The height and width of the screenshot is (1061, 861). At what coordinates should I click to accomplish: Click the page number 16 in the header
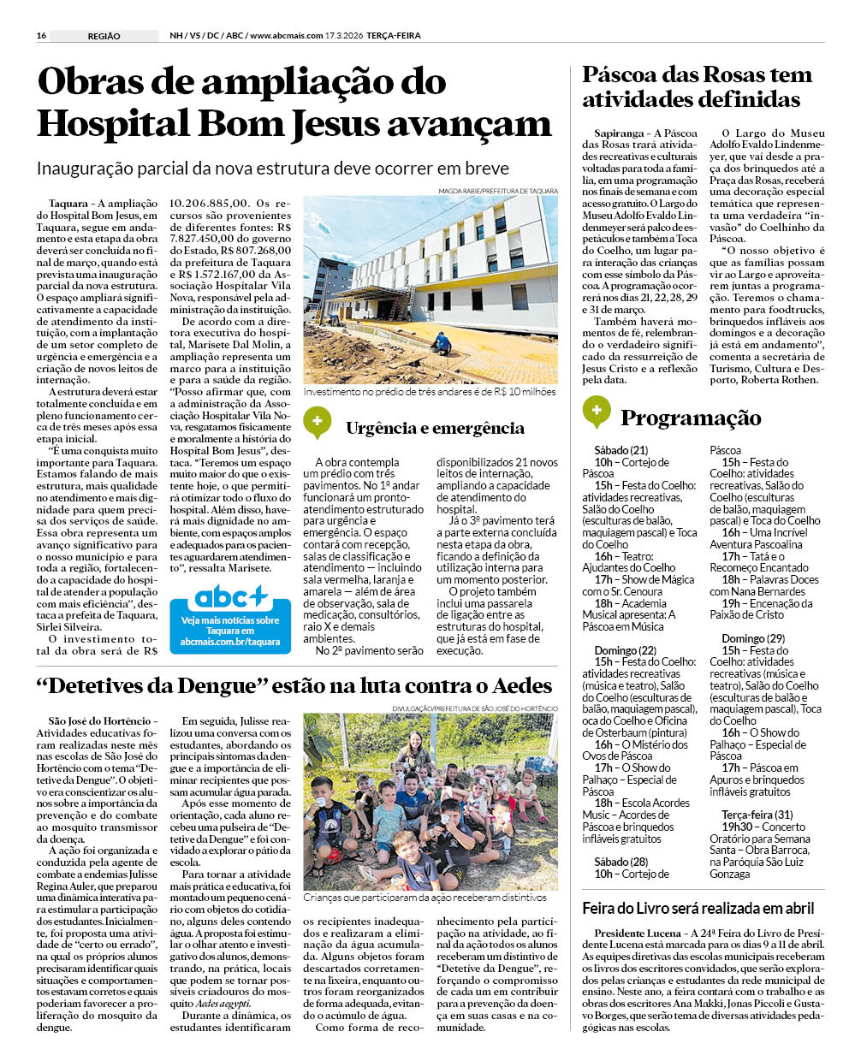41,36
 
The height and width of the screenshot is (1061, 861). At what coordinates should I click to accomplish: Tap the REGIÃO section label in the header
104,36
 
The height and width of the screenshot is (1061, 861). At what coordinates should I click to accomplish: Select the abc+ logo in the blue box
230,596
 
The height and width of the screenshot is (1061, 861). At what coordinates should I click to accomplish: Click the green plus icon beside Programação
596,412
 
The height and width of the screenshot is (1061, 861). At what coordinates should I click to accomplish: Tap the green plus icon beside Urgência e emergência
317,421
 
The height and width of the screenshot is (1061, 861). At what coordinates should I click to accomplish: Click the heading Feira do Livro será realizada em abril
698,908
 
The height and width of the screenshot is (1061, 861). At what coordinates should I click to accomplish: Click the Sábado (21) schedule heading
621,450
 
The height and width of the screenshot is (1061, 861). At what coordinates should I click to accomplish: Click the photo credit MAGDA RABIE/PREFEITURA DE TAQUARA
497,191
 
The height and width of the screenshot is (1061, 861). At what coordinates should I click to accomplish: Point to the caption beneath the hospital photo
430,392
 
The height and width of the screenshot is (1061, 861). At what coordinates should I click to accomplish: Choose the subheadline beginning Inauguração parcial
272,169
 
